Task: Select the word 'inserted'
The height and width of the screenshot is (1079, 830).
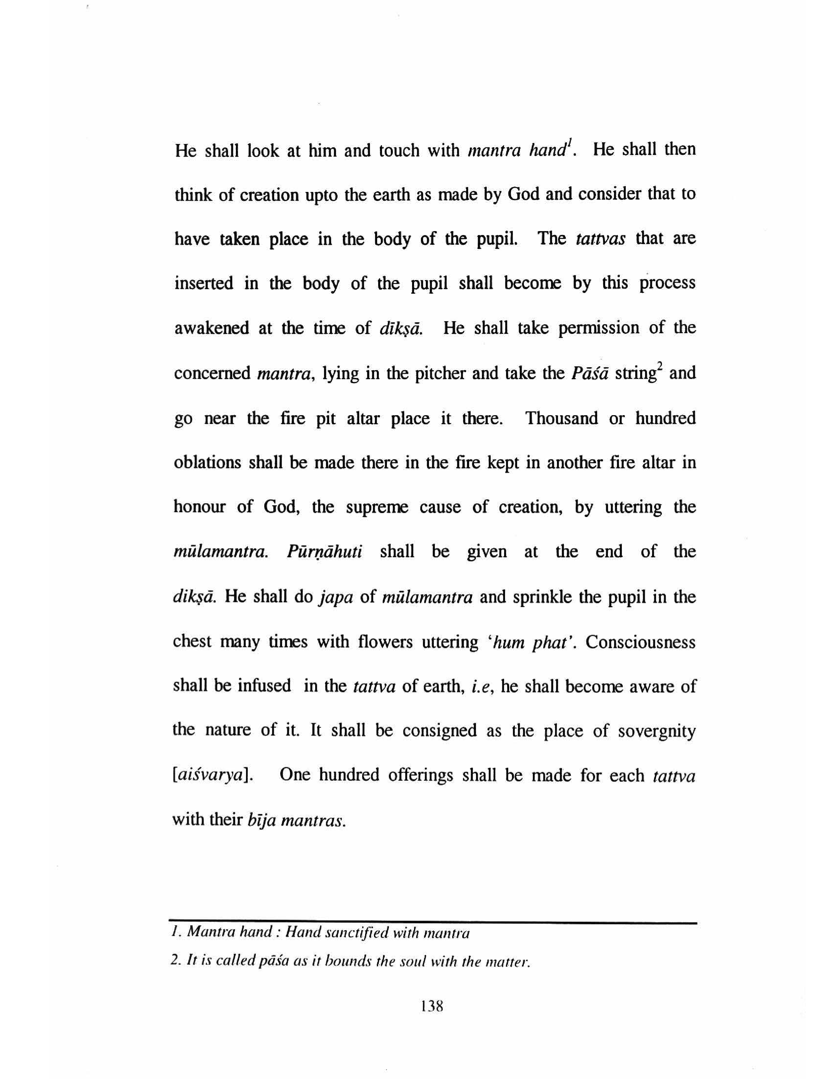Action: tap(204, 284)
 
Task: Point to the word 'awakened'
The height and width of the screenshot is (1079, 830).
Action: tap(211, 328)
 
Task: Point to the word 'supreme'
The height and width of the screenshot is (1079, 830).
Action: tap(377, 508)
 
